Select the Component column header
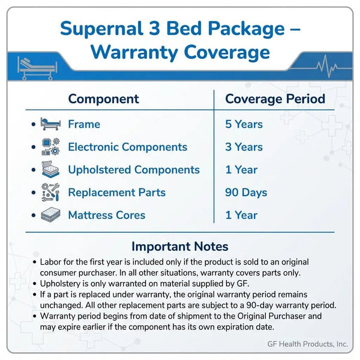point(103,99)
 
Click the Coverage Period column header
point(275,99)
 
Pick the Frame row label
point(84,125)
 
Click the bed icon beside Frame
point(50,125)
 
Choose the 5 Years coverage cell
point(244,125)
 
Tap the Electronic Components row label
point(127,147)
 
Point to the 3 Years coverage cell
point(244,147)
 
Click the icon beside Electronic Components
point(50,147)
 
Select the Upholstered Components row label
point(134,170)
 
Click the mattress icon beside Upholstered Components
point(50,170)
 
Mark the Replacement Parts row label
point(116,193)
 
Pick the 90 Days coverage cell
point(246,193)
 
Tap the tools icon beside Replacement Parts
point(50,193)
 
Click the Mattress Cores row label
point(107,215)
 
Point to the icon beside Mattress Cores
point(50,215)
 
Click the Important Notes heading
point(179,247)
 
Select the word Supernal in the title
point(101,28)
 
